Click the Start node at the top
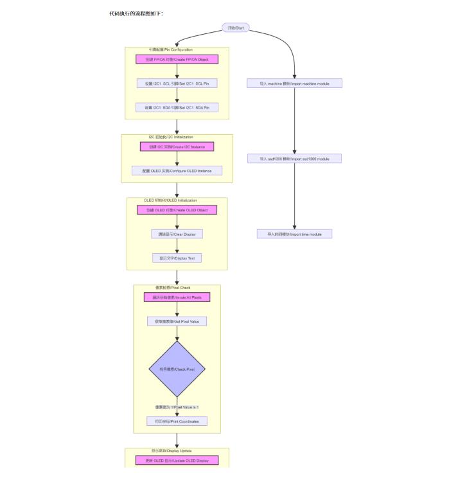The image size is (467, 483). tap(235, 28)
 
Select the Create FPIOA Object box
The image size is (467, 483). tap(177, 59)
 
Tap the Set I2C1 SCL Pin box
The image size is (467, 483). tap(177, 83)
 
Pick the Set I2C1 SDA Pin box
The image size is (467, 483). tap(177, 107)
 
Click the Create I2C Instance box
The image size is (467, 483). tap(177, 146)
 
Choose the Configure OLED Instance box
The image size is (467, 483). tap(177, 171)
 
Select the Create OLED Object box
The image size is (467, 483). tap(177, 210)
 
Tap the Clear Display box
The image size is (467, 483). tap(177, 234)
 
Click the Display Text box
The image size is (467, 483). tap(177, 258)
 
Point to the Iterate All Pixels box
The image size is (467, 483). tap(177, 297)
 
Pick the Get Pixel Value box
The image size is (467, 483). tap(177, 321)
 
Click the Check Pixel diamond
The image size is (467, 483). tap(177, 369)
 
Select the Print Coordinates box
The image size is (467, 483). tap(177, 421)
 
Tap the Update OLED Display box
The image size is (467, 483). tap(177, 461)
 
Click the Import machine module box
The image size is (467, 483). tap(294, 83)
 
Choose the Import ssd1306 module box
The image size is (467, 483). tap(294, 159)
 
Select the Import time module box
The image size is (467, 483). tap(294, 234)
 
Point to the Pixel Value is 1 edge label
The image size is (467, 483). tap(177, 407)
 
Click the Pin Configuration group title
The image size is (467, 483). tap(171, 49)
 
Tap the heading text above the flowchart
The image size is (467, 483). tap(136, 13)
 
